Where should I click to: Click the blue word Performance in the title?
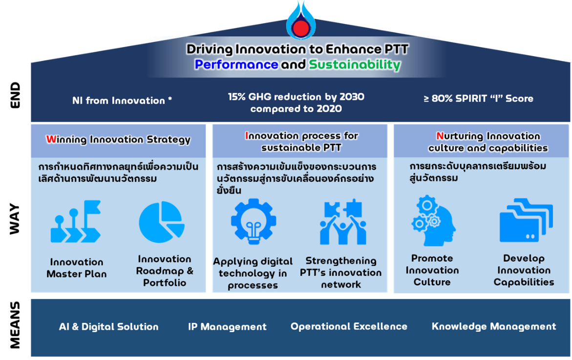point(236,64)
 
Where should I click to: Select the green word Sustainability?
point(355,65)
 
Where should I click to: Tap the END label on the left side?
point(15,95)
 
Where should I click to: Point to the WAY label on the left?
point(15,219)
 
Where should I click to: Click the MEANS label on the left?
point(15,325)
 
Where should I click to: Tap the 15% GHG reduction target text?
point(296,103)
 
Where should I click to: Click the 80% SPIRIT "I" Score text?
point(478,99)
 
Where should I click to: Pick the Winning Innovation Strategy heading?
point(118,140)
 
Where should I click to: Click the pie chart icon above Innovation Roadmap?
point(162,222)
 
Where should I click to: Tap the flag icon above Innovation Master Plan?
point(76,221)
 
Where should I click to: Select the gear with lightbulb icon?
point(254,221)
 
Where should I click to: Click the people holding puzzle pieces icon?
point(343,222)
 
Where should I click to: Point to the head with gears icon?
point(433,220)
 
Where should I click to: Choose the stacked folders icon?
point(526,220)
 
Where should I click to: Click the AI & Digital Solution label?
point(109,326)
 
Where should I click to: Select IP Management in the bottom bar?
point(227,326)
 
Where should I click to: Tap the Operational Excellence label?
point(349,326)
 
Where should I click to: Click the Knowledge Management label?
point(494,326)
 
